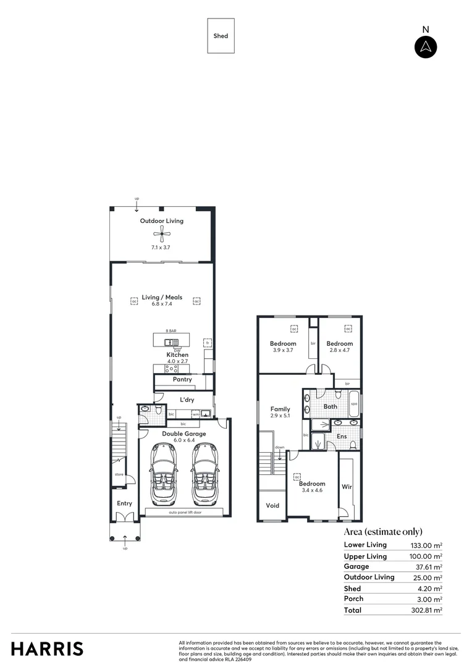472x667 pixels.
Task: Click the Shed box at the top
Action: click(221, 36)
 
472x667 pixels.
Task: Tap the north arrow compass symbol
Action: click(425, 47)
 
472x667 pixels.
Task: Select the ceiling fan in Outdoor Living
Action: click(162, 233)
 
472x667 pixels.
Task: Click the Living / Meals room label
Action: click(162, 298)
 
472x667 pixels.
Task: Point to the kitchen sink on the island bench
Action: click(171, 342)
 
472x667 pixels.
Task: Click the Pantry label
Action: click(182, 380)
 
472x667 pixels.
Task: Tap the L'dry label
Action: click(187, 400)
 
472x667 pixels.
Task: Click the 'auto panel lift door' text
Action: click(185, 513)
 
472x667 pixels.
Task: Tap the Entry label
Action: click(125, 504)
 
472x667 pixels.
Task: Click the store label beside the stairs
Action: click(119, 475)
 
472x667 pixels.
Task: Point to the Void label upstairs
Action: click(272, 506)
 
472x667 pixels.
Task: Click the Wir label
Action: click(347, 487)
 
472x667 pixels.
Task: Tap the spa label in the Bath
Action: click(354, 405)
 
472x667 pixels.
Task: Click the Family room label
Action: click(280, 409)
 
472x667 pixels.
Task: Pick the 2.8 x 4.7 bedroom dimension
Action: click(339, 350)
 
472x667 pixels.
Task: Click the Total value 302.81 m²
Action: click(426, 610)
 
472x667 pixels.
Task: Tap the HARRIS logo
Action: click(47, 648)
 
